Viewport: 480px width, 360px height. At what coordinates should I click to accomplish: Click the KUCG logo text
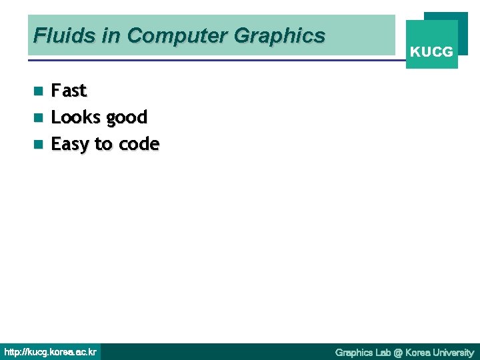[431, 51]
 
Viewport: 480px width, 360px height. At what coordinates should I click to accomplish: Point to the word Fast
[69, 90]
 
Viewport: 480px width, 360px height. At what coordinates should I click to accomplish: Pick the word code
[139, 144]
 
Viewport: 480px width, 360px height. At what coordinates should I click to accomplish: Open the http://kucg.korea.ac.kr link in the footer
[50, 352]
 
